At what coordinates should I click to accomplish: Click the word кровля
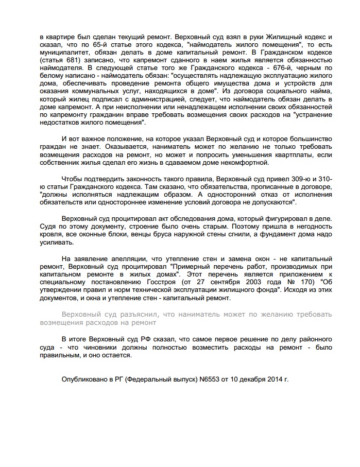point(50,234)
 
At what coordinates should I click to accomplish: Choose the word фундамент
point(276,234)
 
